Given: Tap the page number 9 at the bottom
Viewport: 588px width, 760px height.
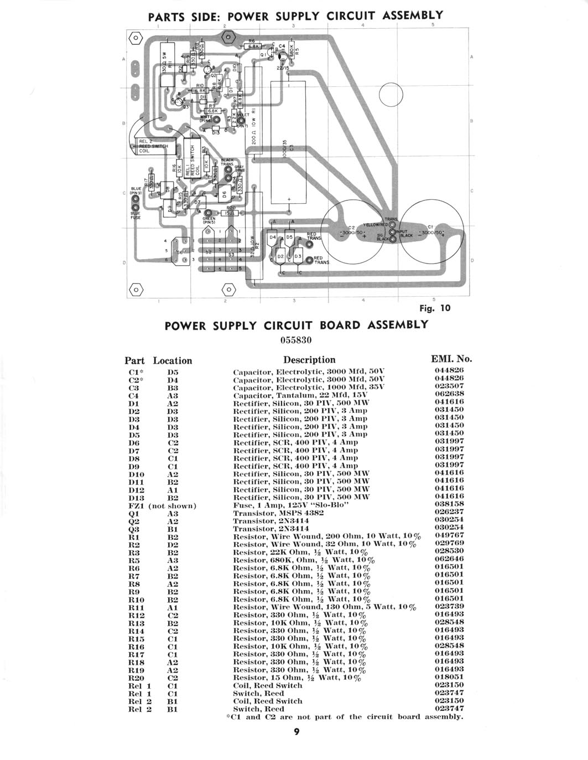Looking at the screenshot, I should point(296,732).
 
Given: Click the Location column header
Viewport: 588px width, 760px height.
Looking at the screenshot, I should point(173,360).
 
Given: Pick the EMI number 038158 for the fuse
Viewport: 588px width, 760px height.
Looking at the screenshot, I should point(449,504).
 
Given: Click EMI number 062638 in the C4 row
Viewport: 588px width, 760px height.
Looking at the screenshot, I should point(449,394).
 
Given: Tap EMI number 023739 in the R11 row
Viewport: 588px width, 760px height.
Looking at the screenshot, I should point(449,607).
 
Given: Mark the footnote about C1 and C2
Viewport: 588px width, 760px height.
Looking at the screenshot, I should point(345,717).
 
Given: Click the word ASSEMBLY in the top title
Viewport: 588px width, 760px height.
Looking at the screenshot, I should point(413,15).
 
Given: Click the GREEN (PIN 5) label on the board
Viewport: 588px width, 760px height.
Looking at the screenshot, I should point(209,220).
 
